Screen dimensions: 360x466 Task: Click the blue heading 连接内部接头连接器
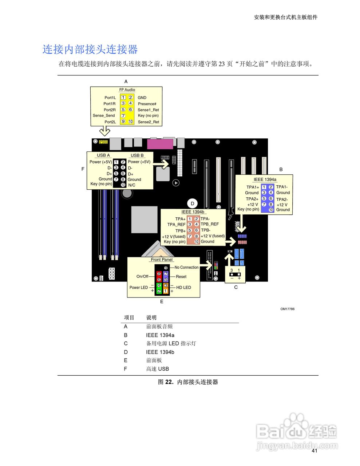90,50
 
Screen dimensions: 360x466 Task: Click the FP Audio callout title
127,90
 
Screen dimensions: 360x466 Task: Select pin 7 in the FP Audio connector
123,116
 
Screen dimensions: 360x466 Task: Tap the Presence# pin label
147,104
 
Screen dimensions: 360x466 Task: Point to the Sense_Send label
104,116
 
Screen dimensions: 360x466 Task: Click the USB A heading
103,155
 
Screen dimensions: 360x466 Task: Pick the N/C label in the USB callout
132,185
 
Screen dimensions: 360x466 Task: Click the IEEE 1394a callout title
265,179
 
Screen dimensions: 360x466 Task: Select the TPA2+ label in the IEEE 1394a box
252,199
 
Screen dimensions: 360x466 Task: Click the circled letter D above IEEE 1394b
193,204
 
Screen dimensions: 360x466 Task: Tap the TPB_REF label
210,224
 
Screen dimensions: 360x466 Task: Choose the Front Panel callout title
162,260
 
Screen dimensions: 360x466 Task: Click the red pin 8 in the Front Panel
159,273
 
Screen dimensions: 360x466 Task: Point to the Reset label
181,277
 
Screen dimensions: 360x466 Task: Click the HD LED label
183,288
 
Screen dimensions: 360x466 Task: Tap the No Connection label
186,268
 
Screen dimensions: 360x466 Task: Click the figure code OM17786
287,309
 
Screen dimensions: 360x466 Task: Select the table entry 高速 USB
157,369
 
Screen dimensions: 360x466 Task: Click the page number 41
314,451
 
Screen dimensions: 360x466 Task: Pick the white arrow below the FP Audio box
105,131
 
